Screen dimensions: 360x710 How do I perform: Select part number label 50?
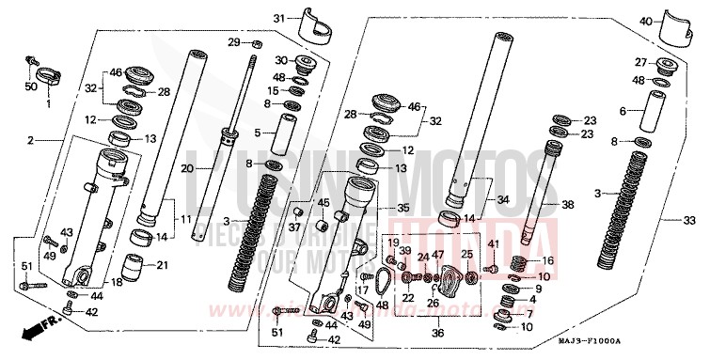click(x=31, y=87)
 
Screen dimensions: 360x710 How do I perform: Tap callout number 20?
click(x=187, y=169)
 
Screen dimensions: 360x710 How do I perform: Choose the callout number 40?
click(x=645, y=22)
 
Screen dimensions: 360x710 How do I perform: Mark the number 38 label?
click(x=567, y=204)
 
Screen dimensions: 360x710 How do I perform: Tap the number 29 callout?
click(x=234, y=43)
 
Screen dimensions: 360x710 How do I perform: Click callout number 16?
click(x=548, y=260)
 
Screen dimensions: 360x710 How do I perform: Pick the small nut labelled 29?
click(x=256, y=43)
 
